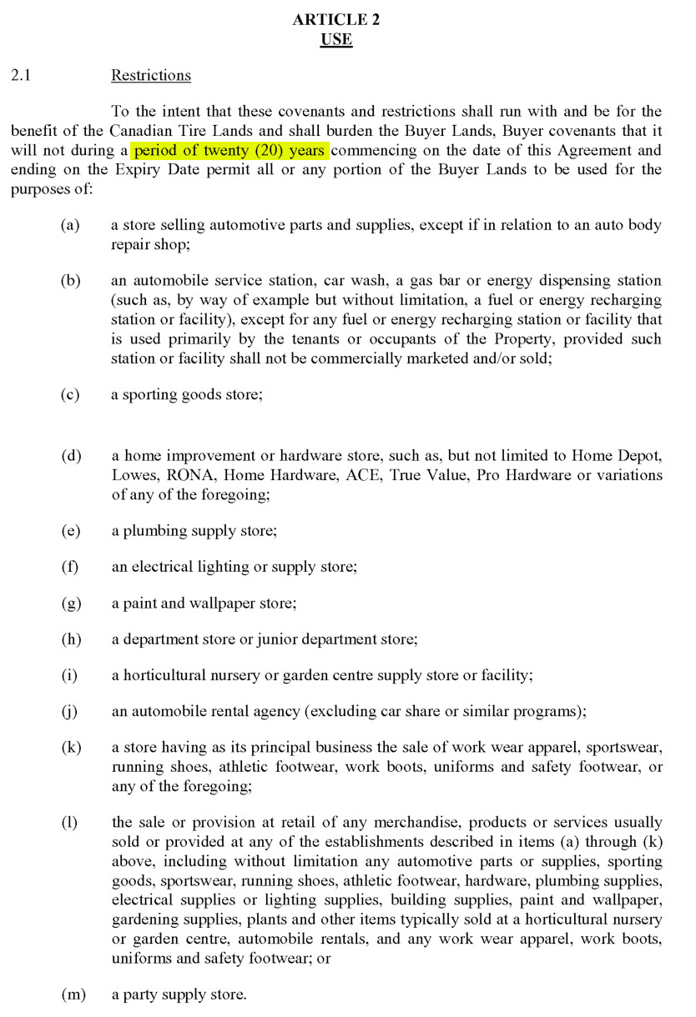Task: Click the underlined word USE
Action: click(x=335, y=40)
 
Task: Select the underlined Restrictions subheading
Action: click(x=151, y=76)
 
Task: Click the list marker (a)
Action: click(x=70, y=225)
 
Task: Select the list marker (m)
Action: click(x=72, y=994)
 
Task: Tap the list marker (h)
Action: click(x=70, y=639)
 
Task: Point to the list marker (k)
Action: click(x=70, y=747)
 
